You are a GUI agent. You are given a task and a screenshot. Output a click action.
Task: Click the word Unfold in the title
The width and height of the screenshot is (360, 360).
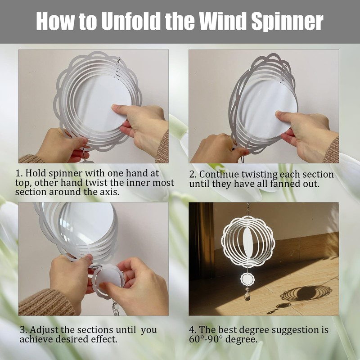point(130,21)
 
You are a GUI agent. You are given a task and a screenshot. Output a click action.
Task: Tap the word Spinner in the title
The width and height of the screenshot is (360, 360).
point(287,22)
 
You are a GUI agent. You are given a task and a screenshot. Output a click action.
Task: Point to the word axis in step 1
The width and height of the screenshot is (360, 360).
point(109,192)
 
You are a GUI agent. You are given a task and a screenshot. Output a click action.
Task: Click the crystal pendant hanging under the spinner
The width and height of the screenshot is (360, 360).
point(247,296)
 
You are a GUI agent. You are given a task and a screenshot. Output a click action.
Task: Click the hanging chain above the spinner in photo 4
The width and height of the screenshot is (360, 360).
point(248,209)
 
